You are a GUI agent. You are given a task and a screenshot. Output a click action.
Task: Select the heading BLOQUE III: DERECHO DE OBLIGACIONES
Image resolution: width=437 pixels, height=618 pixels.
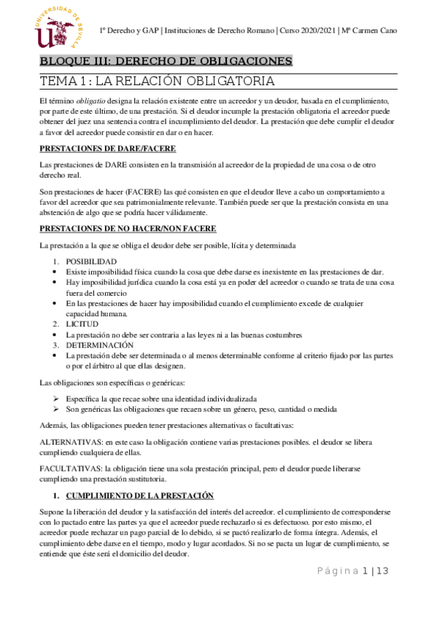(x=166, y=60)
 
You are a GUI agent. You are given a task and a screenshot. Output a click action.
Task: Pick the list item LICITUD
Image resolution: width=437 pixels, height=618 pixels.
(x=83, y=323)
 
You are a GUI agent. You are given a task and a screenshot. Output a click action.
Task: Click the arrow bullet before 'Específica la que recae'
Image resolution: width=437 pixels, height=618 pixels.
(x=55, y=399)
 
